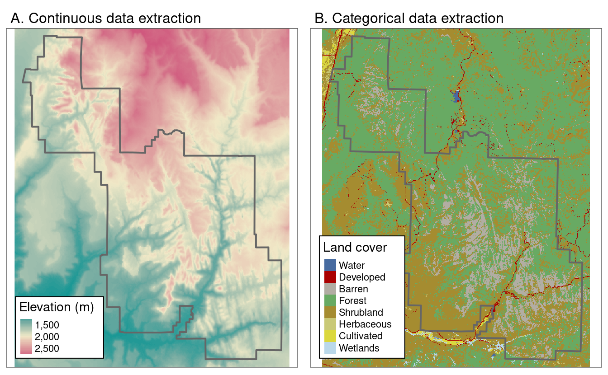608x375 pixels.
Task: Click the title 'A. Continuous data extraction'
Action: pyautogui.click(x=105, y=19)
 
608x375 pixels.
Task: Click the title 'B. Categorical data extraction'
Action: pyautogui.click(x=408, y=19)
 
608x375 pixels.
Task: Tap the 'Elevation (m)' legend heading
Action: pyautogui.click(x=57, y=308)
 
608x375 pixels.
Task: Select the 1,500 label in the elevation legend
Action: pyautogui.click(x=47, y=325)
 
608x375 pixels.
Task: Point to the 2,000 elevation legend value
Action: pyautogui.click(x=47, y=337)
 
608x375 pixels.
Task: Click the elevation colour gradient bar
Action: pyautogui.click(x=26, y=337)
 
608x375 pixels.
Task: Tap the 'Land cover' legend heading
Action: pyautogui.click(x=355, y=248)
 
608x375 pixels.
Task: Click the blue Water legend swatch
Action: pyautogui.click(x=330, y=265)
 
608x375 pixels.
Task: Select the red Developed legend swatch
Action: pyautogui.click(x=330, y=277)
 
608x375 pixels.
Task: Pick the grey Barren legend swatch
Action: pyautogui.click(x=330, y=289)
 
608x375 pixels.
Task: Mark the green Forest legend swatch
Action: pyautogui.click(x=330, y=300)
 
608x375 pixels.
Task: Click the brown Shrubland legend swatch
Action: pyautogui.click(x=330, y=312)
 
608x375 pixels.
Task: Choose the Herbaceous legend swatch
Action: pyautogui.click(x=330, y=324)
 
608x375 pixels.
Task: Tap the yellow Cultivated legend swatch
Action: pyautogui.click(x=330, y=336)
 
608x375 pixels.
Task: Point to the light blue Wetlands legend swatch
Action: pyautogui.click(x=330, y=347)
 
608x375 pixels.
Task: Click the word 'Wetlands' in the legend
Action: pyautogui.click(x=359, y=348)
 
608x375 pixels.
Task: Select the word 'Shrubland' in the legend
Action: pyautogui.click(x=361, y=313)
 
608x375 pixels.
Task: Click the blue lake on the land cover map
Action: pyautogui.click(x=456, y=96)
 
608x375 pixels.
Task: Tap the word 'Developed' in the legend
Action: pyautogui.click(x=362, y=277)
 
